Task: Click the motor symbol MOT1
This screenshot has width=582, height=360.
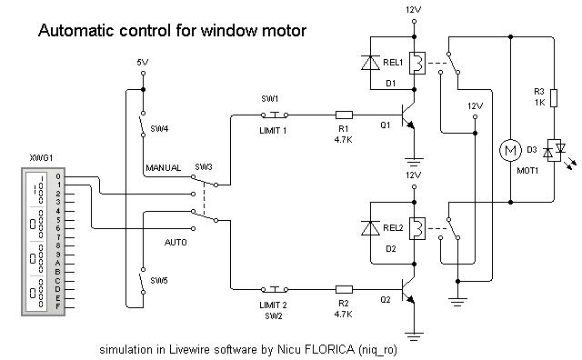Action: click(508, 148)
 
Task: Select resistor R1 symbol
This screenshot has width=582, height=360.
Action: click(345, 115)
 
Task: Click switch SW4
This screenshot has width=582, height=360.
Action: click(143, 125)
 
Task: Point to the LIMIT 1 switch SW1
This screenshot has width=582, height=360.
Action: click(272, 115)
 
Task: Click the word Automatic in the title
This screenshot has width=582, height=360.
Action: click(76, 31)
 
